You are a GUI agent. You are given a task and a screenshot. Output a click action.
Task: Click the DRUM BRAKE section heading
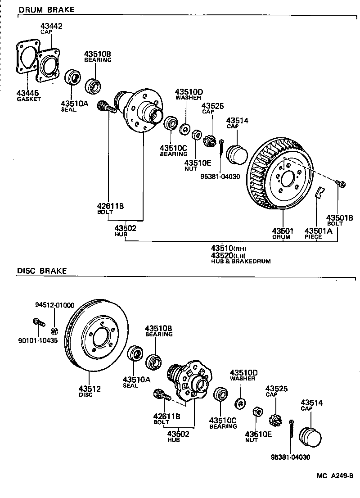coord(46,9)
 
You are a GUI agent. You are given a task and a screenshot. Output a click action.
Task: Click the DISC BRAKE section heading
coord(42,271)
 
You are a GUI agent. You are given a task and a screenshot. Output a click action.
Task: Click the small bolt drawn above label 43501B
coord(340,183)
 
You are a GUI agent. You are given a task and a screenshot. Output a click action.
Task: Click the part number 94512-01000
coord(55,305)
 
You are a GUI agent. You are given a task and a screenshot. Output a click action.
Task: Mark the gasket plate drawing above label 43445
coord(26,57)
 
